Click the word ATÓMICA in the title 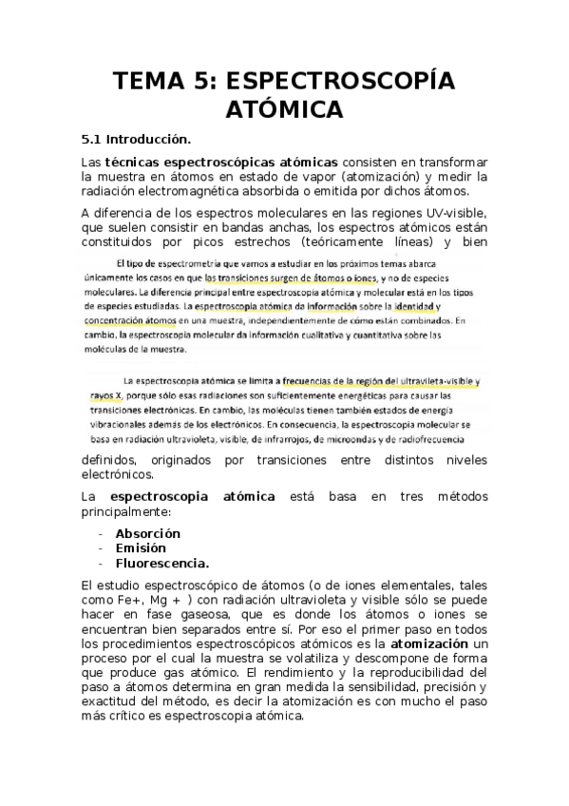[x=284, y=110]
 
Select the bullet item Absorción [x=147, y=533]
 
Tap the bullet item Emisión [x=141, y=547]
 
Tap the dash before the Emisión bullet [x=101, y=547]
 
